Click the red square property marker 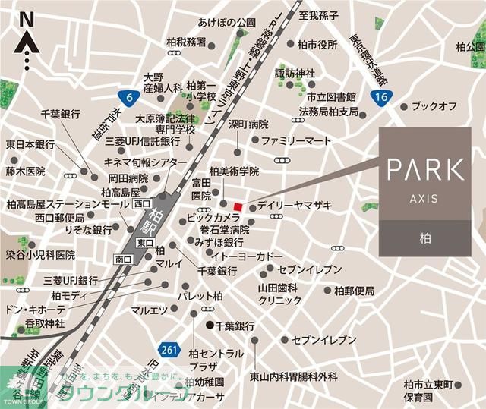pos(238,206)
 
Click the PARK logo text pos(424,168)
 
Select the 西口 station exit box pos(141,204)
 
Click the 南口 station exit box pos(124,260)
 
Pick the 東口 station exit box pos(144,241)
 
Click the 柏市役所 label pos(317,45)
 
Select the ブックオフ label pos(434,106)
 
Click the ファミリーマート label pos(297,141)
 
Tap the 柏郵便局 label pos(354,290)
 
